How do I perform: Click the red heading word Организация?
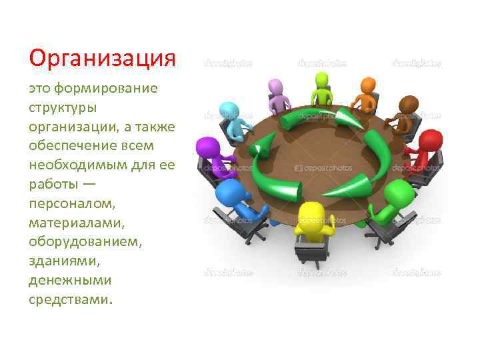(x=102, y=59)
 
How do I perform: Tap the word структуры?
(x=63, y=107)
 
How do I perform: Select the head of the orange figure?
(x=369, y=86)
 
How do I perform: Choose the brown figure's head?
(x=408, y=105)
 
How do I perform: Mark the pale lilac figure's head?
(x=275, y=87)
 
